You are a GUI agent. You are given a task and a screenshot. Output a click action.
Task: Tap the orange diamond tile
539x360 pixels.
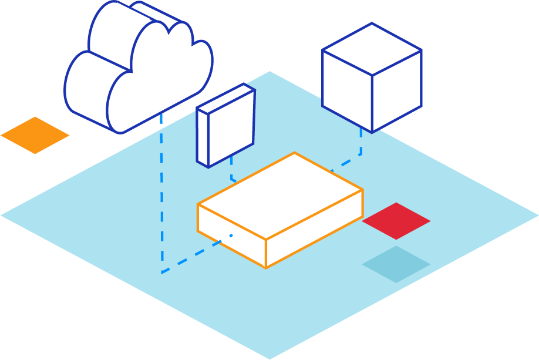tap(35, 135)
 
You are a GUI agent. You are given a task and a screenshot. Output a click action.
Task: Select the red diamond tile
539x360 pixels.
tap(396, 221)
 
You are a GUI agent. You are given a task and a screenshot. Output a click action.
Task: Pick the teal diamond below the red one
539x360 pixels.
tap(396, 264)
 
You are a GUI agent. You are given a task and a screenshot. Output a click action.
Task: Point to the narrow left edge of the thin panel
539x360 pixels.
tap(203, 138)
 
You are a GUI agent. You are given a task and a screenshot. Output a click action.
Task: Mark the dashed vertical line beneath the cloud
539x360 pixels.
tap(161, 194)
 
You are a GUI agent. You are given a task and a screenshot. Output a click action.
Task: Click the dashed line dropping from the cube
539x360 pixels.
tap(361, 141)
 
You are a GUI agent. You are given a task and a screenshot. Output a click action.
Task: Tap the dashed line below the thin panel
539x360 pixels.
tap(231, 170)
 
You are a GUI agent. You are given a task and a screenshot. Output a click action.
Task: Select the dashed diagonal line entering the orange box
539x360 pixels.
tap(194, 256)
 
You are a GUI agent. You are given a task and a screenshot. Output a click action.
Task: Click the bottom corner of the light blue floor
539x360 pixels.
tap(270, 358)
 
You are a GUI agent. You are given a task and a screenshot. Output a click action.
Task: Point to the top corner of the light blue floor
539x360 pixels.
tap(270, 72)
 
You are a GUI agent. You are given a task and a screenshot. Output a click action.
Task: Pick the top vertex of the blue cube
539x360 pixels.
tap(372, 24)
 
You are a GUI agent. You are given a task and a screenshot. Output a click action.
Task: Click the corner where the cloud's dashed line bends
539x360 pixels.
tap(162, 272)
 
